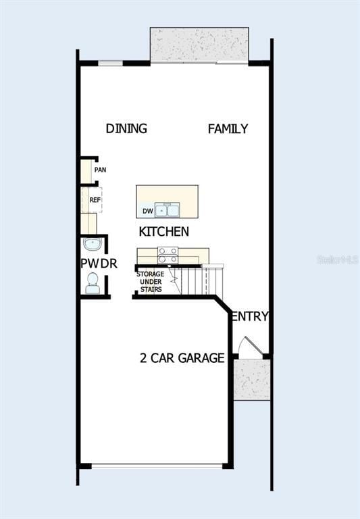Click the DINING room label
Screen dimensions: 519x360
point(126,128)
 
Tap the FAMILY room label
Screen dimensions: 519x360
point(228,128)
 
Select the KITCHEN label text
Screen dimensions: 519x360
point(163,232)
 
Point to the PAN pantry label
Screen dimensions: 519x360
point(100,170)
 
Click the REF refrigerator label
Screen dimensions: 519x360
point(95,200)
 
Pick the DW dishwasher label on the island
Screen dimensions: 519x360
point(147,211)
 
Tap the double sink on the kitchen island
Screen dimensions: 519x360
point(167,210)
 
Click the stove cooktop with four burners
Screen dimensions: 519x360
point(168,255)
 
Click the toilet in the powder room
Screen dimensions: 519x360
point(93,283)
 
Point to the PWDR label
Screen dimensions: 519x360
point(99,264)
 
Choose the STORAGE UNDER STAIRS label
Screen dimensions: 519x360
point(151,281)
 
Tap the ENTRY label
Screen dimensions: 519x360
point(250,316)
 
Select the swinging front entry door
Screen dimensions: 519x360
point(251,347)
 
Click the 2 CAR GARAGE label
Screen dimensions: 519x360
point(182,358)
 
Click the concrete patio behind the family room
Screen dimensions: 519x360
point(199,45)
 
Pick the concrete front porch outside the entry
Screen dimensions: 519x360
point(253,378)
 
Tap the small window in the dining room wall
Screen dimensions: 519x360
point(111,64)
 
